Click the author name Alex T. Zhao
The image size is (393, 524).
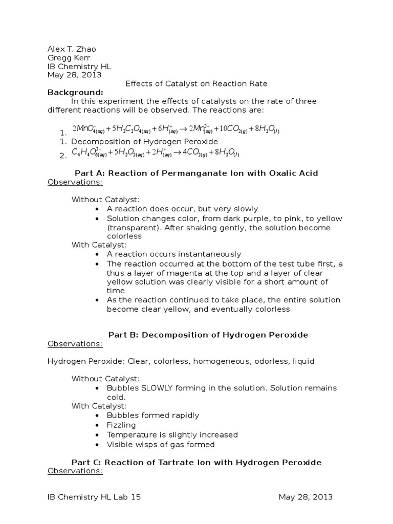click(72, 49)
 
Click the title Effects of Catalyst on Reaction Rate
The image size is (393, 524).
click(196, 83)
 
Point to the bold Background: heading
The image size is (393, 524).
click(75, 92)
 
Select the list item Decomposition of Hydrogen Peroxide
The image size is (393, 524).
click(144, 141)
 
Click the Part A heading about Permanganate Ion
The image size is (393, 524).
click(196, 173)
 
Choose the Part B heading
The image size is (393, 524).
click(196, 335)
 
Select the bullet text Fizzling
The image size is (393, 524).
click(121, 425)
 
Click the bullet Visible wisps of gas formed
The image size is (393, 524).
click(161, 444)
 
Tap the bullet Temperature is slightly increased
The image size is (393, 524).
click(172, 434)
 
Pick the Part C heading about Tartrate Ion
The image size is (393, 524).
click(196, 462)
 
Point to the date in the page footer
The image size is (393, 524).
click(305, 497)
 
